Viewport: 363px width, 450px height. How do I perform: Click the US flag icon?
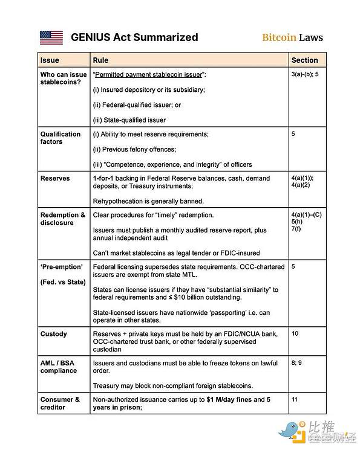pyautogui.click(x=51, y=37)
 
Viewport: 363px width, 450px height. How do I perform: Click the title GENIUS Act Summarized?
pyautogui.click(x=134, y=37)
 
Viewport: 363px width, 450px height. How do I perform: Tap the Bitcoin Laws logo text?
pyautogui.click(x=292, y=37)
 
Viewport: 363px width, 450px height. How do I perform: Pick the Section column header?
pyautogui.click(x=304, y=60)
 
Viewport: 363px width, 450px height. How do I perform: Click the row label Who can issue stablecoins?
pyautogui.click(x=64, y=77)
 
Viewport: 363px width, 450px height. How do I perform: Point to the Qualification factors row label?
pyautogui.click(x=60, y=138)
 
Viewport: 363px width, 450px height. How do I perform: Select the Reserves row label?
pyautogui.click(x=55, y=179)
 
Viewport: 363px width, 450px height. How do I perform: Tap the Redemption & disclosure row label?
pyautogui.click(x=63, y=219)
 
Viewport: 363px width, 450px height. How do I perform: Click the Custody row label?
pyautogui.click(x=54, y=334)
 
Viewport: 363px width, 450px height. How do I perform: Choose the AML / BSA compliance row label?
pyautogui.click(x=59, y=367)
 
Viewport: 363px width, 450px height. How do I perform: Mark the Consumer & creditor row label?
pyautogui.click(x=60, y=403)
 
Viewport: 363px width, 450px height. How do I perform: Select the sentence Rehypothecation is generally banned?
pyautogui.click(x=148, y=201)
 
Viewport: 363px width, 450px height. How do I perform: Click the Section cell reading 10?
pyautogui.click(x=295, y=333)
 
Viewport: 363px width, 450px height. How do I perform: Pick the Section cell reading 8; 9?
pyautogui.click(x=297, y=363)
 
